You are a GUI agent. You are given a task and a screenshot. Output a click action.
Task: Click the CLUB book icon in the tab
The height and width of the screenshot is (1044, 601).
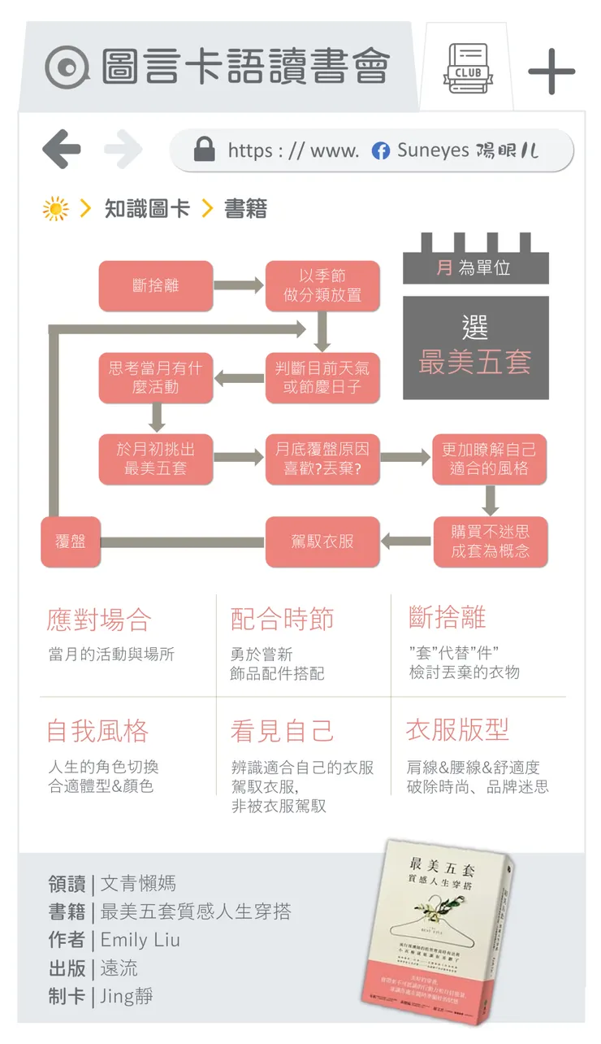[468, 69]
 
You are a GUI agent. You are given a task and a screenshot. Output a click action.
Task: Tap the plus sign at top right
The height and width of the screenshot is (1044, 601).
[551, 72]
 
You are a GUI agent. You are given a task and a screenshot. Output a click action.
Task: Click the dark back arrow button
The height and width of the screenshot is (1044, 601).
[62, 150]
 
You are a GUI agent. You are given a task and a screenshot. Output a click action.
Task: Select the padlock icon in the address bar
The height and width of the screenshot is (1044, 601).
[205, 150]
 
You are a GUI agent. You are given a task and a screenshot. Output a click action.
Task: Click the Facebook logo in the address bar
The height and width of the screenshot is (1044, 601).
[380, 150]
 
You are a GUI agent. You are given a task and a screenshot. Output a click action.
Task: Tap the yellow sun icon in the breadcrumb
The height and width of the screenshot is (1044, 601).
[56, 209]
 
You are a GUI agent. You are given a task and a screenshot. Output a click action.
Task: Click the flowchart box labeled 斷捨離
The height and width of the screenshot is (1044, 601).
[156, 285]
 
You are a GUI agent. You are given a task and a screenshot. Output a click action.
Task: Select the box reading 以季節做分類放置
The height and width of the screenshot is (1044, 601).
[322, 285]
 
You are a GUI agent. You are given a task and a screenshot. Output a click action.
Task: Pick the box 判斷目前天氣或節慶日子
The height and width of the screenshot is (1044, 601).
[322, 377]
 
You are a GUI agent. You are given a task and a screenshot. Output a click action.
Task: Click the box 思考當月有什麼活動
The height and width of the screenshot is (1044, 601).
[156, 377]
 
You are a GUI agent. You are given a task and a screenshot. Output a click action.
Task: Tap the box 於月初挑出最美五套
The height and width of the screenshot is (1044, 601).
[156, 459]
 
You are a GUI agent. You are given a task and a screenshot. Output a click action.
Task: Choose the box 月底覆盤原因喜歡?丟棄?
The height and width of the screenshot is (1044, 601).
[322, 459]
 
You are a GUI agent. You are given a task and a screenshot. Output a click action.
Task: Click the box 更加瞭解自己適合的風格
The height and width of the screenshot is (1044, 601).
[489, 459]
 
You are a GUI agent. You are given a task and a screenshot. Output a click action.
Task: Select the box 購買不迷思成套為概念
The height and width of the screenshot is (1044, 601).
[490, 542]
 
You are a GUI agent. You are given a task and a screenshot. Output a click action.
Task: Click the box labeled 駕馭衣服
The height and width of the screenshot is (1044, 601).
[322, 542]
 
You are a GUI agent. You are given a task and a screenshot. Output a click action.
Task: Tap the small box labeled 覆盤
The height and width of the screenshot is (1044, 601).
[71, 542]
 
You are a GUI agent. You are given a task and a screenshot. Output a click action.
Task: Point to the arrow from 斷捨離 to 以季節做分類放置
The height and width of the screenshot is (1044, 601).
[239, 285]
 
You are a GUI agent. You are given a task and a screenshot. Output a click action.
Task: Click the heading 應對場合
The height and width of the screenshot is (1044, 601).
[99, 620]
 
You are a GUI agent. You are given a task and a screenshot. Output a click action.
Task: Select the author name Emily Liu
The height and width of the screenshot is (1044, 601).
[140, 940]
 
